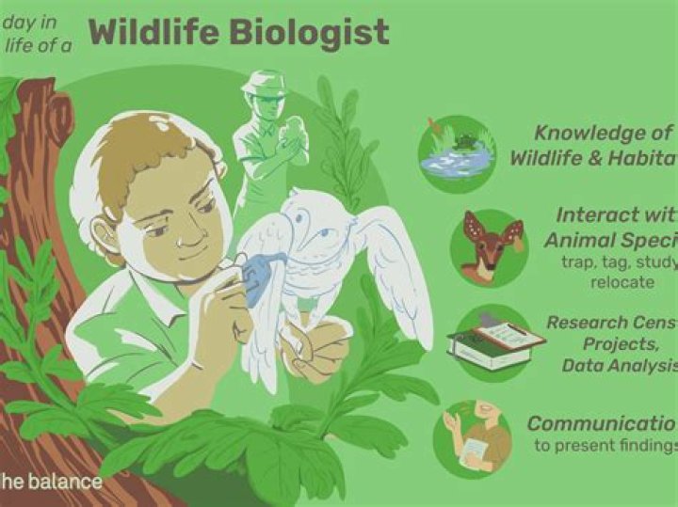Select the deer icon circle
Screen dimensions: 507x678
tap(488, 247)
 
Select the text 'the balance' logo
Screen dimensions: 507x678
tap(51, 482)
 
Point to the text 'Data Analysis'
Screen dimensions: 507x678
tap(618, 366)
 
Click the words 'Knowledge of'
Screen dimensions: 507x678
tap(604, 134)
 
